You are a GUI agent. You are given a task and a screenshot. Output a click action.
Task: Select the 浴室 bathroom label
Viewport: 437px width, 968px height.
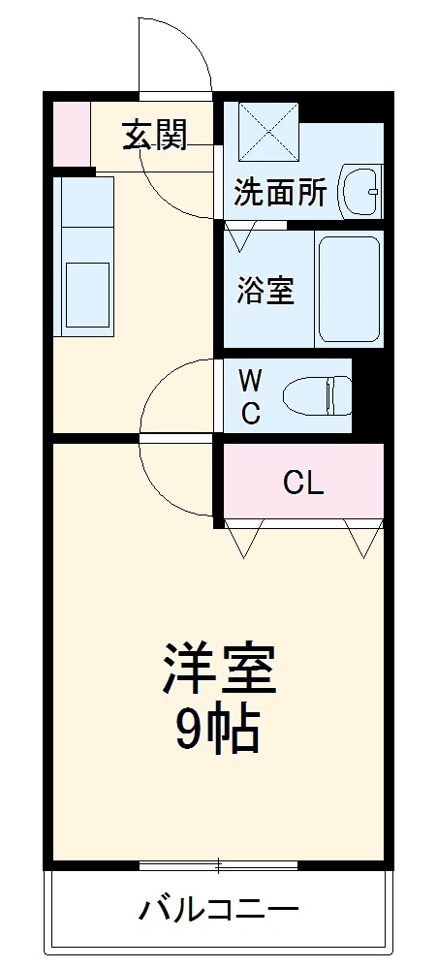265,290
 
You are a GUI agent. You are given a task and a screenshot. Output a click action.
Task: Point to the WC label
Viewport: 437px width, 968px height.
250,395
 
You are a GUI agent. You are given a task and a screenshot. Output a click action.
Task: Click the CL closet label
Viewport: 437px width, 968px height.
303,482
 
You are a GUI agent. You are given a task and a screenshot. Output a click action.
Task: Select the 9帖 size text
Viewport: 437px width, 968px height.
218,731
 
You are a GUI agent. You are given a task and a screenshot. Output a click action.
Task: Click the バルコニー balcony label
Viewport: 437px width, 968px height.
218,910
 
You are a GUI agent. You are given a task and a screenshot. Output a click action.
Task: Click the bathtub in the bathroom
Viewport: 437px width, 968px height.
348,288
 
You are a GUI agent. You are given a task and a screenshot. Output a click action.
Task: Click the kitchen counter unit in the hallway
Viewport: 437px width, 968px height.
84,257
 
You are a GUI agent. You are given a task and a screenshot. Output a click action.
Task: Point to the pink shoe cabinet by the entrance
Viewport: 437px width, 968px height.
70,132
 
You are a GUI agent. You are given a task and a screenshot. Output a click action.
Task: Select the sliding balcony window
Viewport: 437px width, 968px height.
218,864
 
